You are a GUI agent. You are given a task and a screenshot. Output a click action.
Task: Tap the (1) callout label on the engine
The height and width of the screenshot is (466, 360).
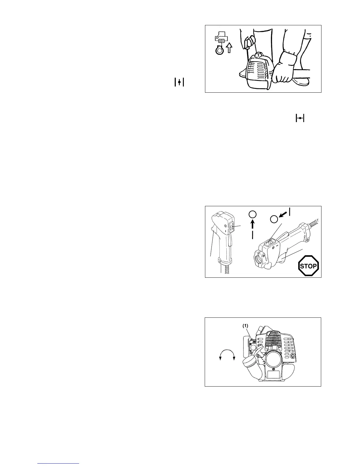pos(245,326)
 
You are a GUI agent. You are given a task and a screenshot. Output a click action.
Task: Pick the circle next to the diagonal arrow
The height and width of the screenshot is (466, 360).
pos(274,219)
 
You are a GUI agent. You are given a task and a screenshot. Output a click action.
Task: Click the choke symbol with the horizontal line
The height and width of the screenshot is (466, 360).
pos(299,119)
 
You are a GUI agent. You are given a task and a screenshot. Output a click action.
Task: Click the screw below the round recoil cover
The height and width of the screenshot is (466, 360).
pos(274,369)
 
